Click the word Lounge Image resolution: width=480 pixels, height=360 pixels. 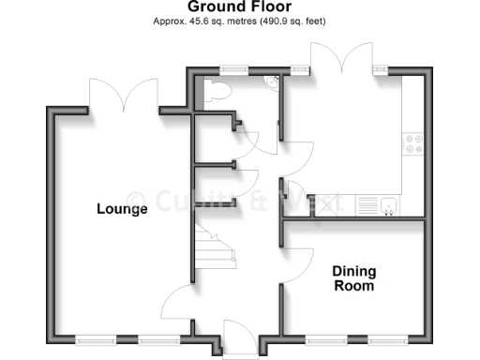(x=122, y=209)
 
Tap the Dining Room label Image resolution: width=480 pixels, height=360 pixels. (x=353, y=278)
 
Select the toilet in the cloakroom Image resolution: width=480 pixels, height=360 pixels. (x=217, y=90)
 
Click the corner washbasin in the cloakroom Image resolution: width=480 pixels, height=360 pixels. (x=273, y=82)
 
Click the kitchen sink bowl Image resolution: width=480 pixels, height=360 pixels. (x=390, y=202)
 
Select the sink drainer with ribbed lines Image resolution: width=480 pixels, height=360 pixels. (x=368, y=202)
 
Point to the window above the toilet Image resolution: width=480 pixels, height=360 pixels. (x=232, y=68)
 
